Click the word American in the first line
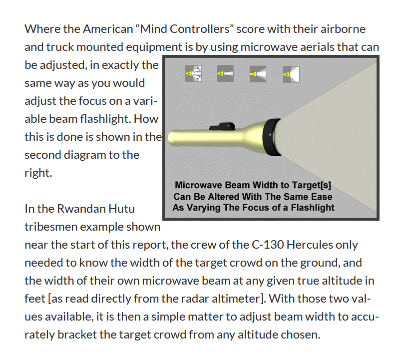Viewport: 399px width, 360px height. (x=108, y=29)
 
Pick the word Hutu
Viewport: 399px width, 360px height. (x=121, y=209)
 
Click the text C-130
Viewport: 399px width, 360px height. (x=268, y=245)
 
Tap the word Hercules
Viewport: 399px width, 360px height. (x=310, y=245)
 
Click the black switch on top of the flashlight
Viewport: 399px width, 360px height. (x=222, y=126)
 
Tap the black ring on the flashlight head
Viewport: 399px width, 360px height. (x=272, y=137)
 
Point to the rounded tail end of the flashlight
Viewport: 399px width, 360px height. (x=171, y=138)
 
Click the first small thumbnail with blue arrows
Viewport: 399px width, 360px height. (x=193, y=73)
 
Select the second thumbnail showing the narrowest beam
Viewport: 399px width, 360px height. (x=225, y=73)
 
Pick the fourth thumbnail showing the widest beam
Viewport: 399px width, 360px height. (x=291, y=74)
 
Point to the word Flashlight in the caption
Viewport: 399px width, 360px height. (x=313, y=208)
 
